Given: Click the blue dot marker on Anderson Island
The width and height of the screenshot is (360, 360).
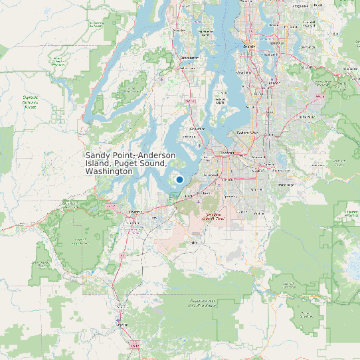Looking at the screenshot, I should click(x=179, y=179).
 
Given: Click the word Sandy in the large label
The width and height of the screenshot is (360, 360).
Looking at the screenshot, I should click(x=98, y=155).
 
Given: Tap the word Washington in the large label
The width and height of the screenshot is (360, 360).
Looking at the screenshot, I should click(x=109, y=171).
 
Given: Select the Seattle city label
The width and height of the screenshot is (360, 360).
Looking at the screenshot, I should click(x=250, y=46).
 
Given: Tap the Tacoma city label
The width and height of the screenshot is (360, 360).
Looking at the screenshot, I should click(x=228, y=153).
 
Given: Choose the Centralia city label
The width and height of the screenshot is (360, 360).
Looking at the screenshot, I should click(x=121, y=325).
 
